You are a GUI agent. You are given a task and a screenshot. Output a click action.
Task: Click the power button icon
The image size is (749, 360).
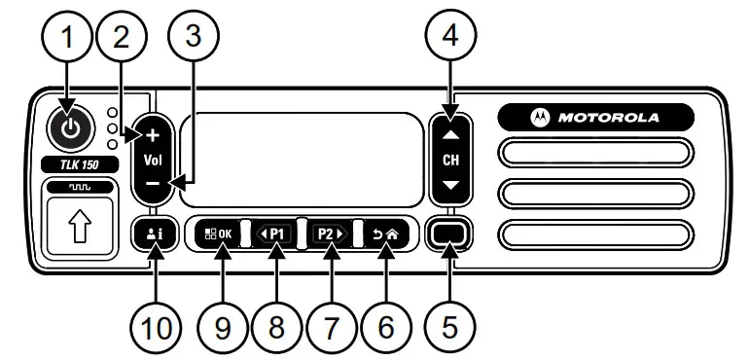(67, 126)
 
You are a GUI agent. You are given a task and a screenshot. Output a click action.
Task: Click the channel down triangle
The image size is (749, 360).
(450, 184)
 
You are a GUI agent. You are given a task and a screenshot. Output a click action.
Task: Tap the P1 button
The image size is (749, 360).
(276, 234)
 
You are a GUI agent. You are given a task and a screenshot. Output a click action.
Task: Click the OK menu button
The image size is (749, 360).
(218, 234)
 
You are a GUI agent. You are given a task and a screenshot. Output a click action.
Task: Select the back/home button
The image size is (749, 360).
(385, 234)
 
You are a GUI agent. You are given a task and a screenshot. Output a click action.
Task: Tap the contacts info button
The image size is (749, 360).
(154, 234)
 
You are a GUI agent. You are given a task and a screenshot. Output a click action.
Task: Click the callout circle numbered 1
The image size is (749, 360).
(67, 38)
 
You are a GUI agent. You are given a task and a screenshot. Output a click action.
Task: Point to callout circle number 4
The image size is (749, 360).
(449, 38)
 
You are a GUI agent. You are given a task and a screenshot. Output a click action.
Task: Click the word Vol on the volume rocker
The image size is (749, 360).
(154, 159)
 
